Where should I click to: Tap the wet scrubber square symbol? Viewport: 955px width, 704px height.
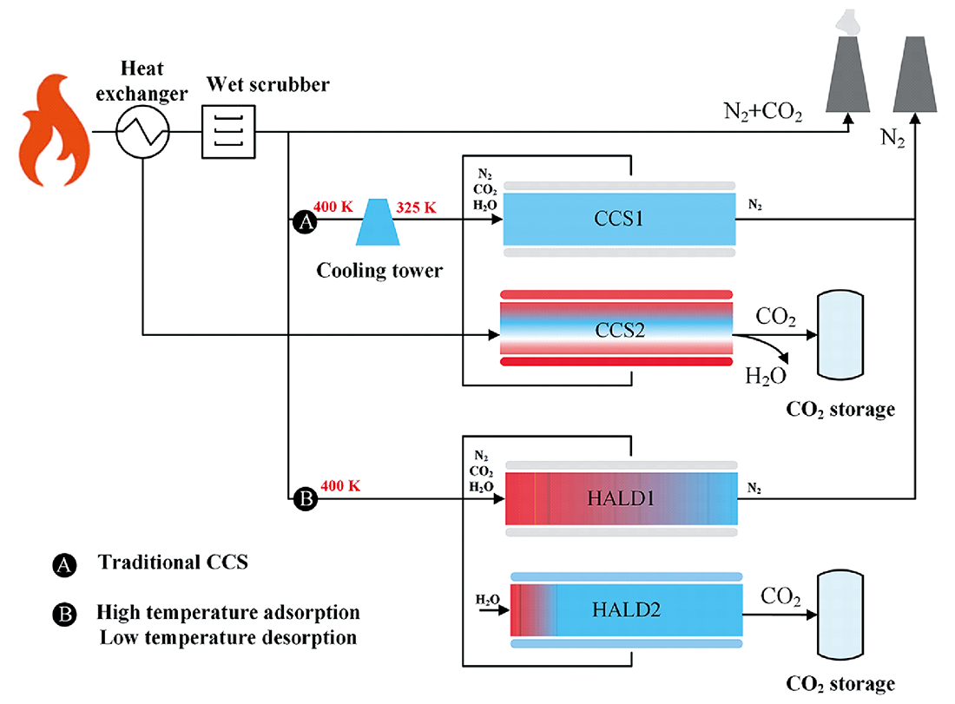[x=229, y=132]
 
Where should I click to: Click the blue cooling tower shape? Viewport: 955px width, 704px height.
[x=378, y=220]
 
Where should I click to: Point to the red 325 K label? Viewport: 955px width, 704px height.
[x=418, y=209]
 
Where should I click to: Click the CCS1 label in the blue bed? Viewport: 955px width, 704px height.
[x=619, y=219]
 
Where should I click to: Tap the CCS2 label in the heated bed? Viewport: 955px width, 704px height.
[x=619, y=330]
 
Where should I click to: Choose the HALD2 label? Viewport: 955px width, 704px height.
[x=627, y=609]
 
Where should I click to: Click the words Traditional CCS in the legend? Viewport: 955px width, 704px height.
[x=173, y=562]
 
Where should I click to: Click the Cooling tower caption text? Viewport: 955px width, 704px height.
[x=379, y=270]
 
